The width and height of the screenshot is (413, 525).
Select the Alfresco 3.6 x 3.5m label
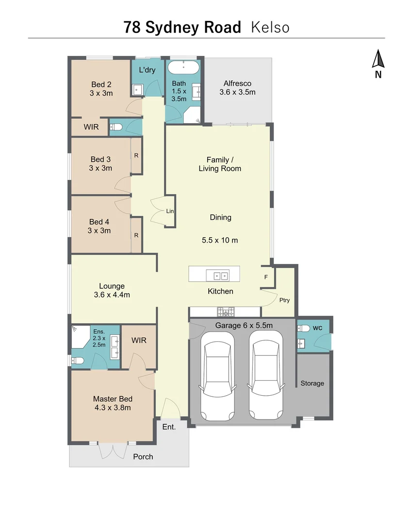coord(237,87)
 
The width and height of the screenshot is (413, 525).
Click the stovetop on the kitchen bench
coord(225,311)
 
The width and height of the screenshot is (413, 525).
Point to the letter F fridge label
coord(266,277)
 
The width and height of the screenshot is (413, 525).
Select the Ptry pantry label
coord(284,300)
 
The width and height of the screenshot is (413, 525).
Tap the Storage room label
coord(312,383)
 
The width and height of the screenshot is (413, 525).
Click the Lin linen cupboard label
coord(170,211)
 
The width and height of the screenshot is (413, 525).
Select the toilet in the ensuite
coord(78,361)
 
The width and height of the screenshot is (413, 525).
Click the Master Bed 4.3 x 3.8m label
coord(112,403)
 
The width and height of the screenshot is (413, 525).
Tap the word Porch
coord(143,456)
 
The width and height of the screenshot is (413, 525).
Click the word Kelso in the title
coord(270,27)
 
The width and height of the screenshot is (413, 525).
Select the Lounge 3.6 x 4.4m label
coord(112,290)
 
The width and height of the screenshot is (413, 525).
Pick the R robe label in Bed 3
coord(136,156)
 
